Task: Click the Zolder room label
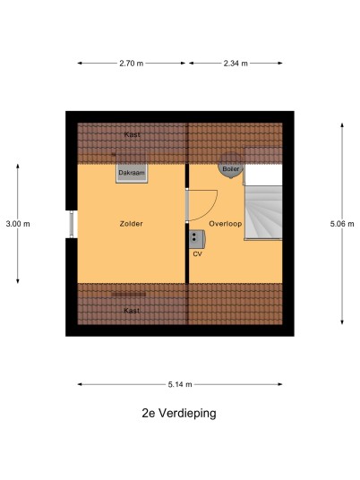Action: [x=131, y=224]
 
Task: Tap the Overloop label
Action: [x=226, y=224]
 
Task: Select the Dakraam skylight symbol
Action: [x=132, y=173]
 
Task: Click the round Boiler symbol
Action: [x=230, y=167]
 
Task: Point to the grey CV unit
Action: [x=197, y=239]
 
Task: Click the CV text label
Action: [x=197, y=253]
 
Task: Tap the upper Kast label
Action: [x=133, y=134]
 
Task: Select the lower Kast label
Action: [x=132, y=311]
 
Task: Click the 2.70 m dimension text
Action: [x=131, y=64]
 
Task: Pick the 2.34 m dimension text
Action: [x=236, y=64]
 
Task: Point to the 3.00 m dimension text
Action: [x=18, y=224]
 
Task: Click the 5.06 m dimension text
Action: [x=342, y=224]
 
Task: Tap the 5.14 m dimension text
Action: [x=180, y=384]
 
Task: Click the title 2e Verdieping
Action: [x=179, y=413]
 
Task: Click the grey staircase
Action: [x=263, y=213]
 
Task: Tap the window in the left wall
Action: [x=72, y=224]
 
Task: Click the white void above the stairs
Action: [x=264, y=176]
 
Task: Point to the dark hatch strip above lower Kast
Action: [x=128, y=295]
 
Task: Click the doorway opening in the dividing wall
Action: [x=187, y=205]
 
